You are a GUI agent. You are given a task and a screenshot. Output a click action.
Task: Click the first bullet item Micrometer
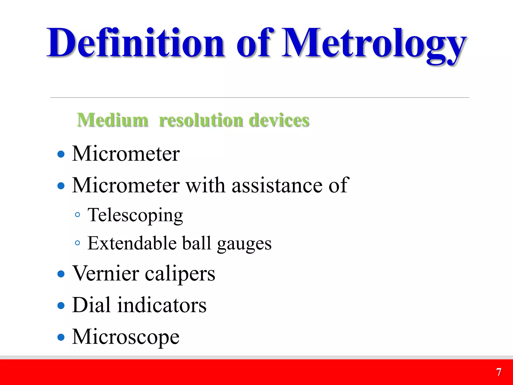[x=126, y=154]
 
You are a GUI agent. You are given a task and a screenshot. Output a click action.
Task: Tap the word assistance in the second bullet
[x=277, y=185]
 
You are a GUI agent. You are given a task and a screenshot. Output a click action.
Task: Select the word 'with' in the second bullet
[x=205, y=185]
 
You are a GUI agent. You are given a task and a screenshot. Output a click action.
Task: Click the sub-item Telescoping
[x=135, y=215]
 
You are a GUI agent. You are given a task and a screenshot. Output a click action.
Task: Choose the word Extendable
[x=132, y=243]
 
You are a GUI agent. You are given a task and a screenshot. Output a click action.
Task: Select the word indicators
[x=162, y=305]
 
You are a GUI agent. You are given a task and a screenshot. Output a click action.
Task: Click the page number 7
[x=499, y=372]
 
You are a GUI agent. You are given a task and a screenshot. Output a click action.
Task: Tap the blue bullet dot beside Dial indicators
[x=61, y=306]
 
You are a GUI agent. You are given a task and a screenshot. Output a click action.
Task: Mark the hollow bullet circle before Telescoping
[x=78, y=215]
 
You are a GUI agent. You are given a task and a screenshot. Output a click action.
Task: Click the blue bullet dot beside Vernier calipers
[x=61, y=274]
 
